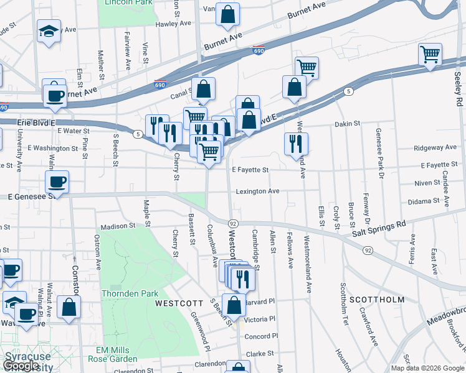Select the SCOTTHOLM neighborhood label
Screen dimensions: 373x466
pos(377,299)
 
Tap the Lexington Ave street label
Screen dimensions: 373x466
pos(257,191)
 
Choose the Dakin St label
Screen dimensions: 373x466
pos(348,124)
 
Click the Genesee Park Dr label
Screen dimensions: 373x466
pos(378,152)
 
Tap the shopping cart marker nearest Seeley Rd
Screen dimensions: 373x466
pos(430,54)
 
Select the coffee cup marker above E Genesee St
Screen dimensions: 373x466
pos(57,182)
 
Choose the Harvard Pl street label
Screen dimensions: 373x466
pos(260,302)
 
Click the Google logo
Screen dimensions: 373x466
pos(21,366)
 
